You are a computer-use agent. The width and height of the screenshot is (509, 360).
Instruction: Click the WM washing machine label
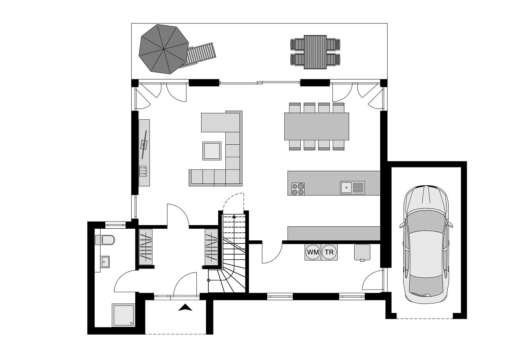[x=313, y=252]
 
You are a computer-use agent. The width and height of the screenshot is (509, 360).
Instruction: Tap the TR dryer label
[x=329, y=252]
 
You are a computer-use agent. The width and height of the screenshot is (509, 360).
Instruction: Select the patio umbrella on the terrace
[x=163, y=49]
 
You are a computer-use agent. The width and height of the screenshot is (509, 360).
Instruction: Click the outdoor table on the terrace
[x=315, y=52]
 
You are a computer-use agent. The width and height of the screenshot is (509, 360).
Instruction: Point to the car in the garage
[x=426, y=244]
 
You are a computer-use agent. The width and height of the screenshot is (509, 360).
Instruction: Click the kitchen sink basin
[x=346, y=187]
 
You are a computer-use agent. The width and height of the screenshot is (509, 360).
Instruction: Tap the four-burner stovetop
[x=298, y=189]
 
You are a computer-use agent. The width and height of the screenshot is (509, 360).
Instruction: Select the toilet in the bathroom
[x=105, y=240]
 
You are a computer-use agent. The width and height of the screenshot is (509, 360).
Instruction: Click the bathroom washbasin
[x=105, y=262]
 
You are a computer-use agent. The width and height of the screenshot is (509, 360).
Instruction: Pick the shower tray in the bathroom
[x=123, y=316]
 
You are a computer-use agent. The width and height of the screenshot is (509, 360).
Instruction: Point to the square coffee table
[x=212, y=151]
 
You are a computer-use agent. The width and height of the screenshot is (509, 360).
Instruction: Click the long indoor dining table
[x=317, y=126]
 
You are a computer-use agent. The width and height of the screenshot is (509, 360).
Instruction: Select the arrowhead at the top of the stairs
[x=234, y=216]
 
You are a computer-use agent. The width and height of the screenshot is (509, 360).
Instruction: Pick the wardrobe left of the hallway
[x=146, y=247]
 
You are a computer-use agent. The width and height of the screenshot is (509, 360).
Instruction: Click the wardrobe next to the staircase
[x=211, y=247]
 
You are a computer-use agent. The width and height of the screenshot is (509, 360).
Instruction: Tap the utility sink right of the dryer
[x=362, y=252]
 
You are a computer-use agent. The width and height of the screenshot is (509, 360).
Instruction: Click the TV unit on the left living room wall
[x=144, y=153]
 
